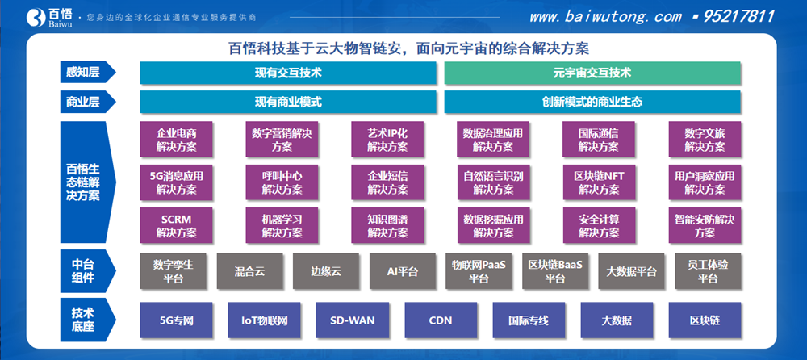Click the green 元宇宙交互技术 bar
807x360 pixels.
(x=592, y=73)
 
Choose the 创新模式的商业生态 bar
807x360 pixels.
(x=592, y=103)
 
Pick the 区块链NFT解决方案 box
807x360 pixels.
(x=599, y=182)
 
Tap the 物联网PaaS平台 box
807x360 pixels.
(x=479, y=272)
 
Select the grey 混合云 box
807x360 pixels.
(x=249, y=272)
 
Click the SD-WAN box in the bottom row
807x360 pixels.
(x=352, y=320)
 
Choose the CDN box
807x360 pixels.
(x=440, y=320)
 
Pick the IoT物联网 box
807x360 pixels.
(x=263, y=320)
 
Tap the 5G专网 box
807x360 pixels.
(x=176, y=320)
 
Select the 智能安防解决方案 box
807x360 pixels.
(x=705, y=225)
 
